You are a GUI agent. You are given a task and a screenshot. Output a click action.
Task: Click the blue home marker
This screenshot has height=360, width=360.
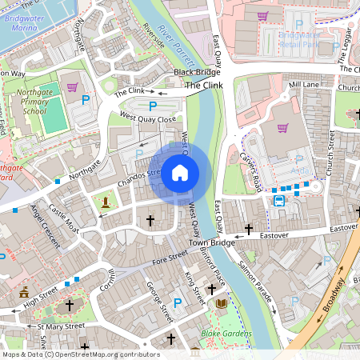click(x=180, y=173)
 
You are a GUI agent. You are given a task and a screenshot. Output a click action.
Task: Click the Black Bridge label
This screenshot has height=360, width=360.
click(x=197, y=73)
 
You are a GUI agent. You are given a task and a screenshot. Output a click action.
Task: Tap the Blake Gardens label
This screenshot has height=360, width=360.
click(x=226, y=334)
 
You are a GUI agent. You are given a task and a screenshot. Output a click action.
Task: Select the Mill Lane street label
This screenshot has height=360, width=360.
click(x=304, y=84)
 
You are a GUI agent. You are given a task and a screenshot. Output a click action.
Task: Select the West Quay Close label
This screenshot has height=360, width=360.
click(x=147, y=118)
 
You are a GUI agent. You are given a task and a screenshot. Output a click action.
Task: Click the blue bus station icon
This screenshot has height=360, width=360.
click(x=278, y=201)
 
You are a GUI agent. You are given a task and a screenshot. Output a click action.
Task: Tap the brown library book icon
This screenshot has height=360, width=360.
click(x=222, y=304)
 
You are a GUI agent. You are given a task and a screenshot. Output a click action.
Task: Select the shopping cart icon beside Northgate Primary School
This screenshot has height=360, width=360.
click(x=72, y=86)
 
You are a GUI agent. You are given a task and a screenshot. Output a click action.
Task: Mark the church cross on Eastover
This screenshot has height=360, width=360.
click(x=249, y=230)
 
